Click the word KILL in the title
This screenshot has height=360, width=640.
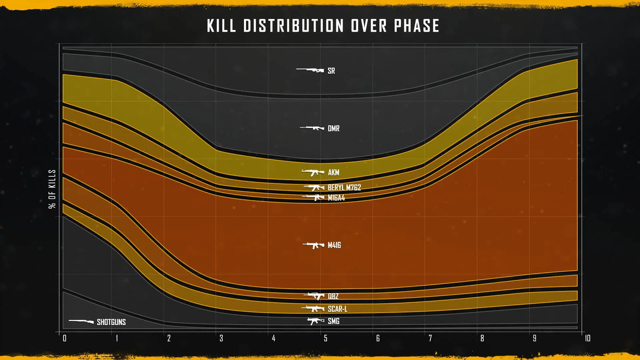tap(221, 26)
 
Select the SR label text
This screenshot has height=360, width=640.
tap(331, 71)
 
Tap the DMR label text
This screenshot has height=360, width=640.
tap(333, 128)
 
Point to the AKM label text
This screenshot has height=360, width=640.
tap(333, 172)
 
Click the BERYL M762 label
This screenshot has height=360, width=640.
tap(344, 187)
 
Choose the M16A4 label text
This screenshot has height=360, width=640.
tap(336, 198)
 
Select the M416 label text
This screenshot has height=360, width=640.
tap(334, 245)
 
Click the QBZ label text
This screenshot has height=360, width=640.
tap(333, 296)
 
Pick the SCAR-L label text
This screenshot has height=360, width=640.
tap(337, 309)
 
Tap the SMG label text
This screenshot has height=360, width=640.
tap(333, 321)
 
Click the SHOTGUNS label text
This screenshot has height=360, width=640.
tap(111, 322)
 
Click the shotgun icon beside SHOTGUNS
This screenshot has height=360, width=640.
tap(81, 321)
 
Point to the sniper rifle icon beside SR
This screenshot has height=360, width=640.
tap(310, 70)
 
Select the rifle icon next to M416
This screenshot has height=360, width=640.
tap(313, 245)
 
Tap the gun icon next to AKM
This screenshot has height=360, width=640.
tap(313, 172)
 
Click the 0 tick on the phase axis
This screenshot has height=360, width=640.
tap(65, 338)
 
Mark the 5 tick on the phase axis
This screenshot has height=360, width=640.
tap(326, 338)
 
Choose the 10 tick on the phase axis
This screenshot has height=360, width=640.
tap(587, 338)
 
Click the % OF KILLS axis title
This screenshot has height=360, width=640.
tap(52, 189)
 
